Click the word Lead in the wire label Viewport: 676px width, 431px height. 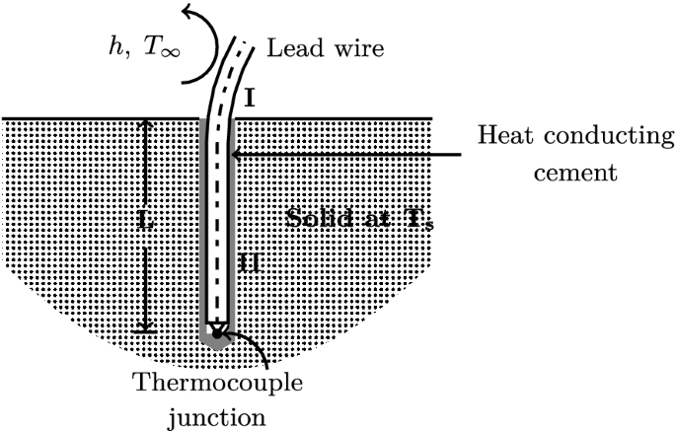(x=289, y=47)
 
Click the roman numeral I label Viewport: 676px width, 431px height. (x=249, y=99)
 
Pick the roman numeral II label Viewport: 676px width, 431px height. (x=249, y=263)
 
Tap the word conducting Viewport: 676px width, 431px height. (x=598, y=135)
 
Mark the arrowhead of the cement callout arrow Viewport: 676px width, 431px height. (x=233, y=155)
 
